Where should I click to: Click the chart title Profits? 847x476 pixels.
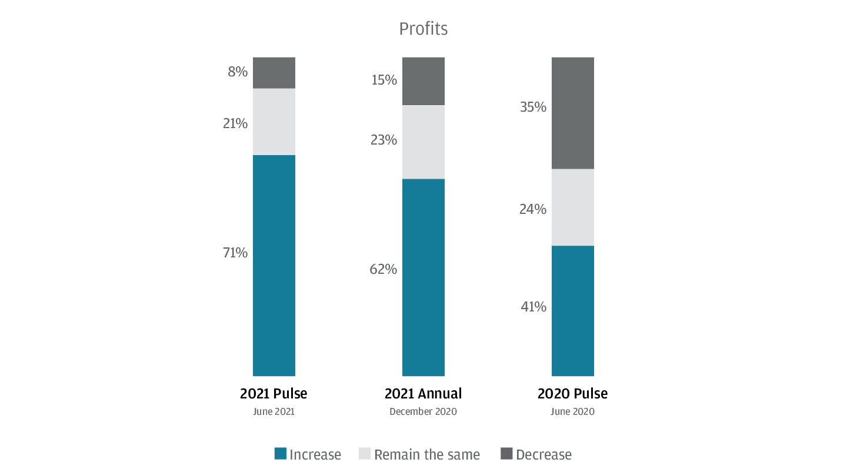click(x=423, y=29)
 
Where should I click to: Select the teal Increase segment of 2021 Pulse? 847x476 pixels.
click(x=274, y=265)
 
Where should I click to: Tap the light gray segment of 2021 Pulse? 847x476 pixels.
click(x=274, y=122)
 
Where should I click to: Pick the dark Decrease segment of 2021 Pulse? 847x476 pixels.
click(x=274, y=73)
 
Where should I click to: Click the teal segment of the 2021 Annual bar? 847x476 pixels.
click(x=423, y=277)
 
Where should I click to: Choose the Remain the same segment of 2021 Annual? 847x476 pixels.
click(x=423, y=142)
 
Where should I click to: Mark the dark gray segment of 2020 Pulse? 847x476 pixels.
click(x=572, y=113)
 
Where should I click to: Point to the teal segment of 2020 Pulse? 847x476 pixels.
click(x=572, y=310)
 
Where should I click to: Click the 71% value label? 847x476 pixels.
click(x=235, y=253)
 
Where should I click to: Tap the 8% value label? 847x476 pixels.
click(x=238, y=72)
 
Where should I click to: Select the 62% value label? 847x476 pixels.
click(x=384, y=270)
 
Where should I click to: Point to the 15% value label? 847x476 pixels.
click(x=384, y=80)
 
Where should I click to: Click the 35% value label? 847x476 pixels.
click(x=533, y=108)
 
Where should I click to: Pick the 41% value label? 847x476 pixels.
click(x=533, y=307)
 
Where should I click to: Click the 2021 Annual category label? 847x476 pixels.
click(x=423, y=394)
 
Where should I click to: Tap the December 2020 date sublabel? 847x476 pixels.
click(x=423, y=412)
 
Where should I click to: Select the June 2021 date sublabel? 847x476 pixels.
click(x=274, y=412)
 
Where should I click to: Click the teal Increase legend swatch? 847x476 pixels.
click(x=281, y=454)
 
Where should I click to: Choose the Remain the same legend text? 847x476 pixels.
click(x=427, y=455)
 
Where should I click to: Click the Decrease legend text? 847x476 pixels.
click(x=543, y=455)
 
